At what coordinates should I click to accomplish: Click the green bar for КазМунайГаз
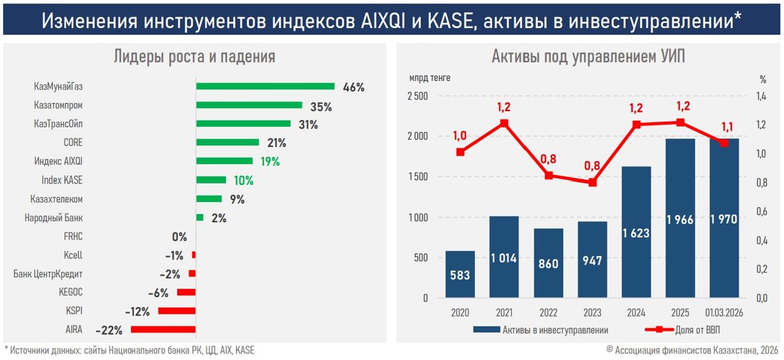coord(265,86)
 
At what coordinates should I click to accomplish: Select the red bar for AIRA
coord(163,329)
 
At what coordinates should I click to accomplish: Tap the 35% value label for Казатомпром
coord(321,106)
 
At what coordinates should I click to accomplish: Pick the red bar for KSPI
coord(176,311)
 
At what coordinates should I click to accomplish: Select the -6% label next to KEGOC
coord(159,293)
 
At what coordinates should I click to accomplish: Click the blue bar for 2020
coord(460,274)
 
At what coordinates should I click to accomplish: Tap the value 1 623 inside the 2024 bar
coord(636,233)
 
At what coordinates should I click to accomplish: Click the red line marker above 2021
coord(504,123)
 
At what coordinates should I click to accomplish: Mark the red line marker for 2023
coord(593,182)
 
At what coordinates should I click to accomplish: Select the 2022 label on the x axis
coord(548,312)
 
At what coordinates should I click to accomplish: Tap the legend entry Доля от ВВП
coord(689,330)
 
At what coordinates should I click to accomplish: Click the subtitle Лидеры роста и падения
coord(195,57)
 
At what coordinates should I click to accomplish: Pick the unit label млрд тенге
coord(429,78)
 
